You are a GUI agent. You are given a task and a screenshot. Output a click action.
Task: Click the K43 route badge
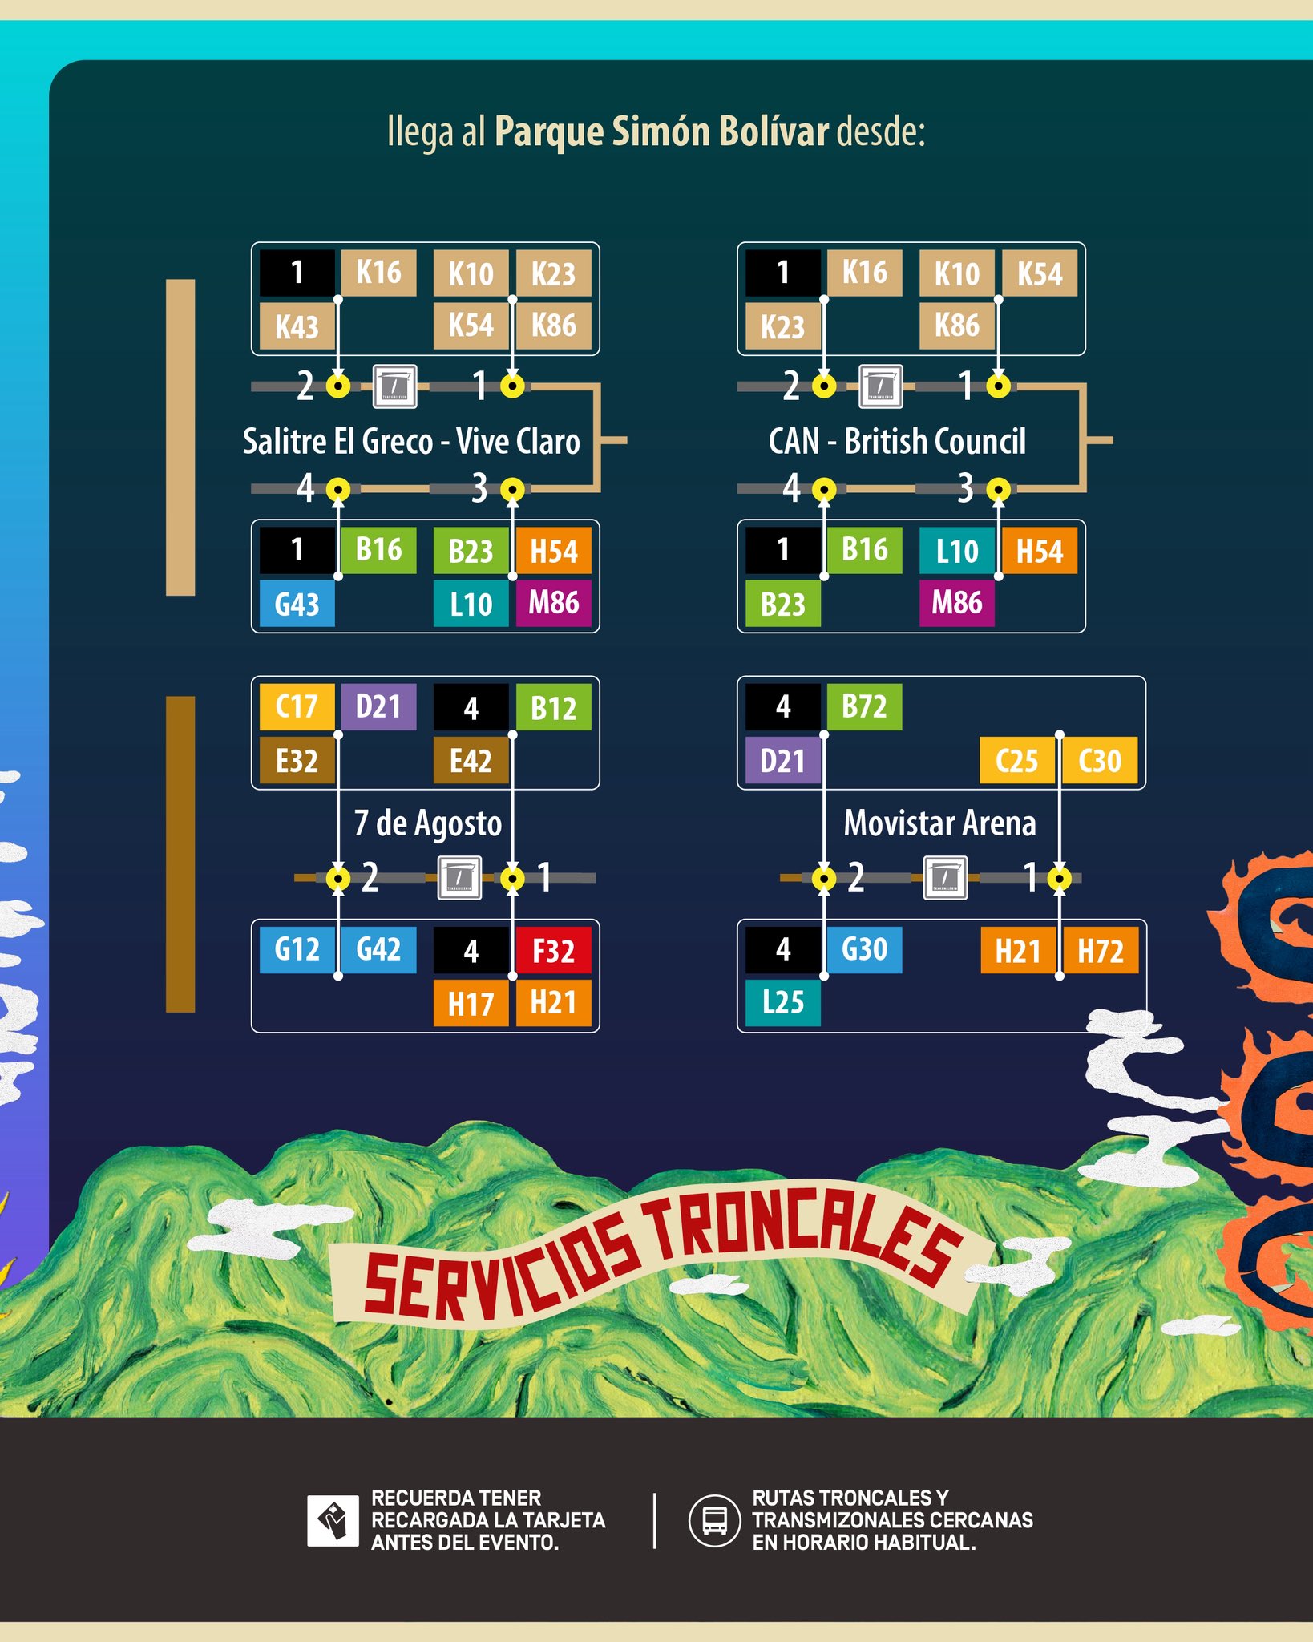(x=297, y=326)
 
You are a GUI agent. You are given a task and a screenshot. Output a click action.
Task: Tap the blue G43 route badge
(x=297, y=603)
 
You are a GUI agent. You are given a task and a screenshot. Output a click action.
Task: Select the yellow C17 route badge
(x=297, y=707)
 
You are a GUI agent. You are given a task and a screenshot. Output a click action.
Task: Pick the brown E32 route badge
(x=297, y=760)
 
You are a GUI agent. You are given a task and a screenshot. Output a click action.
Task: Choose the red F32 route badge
(x=553, y=950)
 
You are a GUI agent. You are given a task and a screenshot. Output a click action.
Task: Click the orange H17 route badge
(x=471, y=1003)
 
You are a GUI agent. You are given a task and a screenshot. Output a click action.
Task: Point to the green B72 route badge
(x=864, y=707)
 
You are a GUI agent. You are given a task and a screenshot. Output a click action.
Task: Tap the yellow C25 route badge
(x=1016, y=760)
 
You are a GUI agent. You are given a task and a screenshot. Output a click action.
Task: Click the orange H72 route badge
(x=1100, y=950)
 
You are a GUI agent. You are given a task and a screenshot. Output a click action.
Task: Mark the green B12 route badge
(x=553, y=707)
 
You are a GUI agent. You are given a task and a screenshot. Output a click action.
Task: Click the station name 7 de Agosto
(x=428, y=823)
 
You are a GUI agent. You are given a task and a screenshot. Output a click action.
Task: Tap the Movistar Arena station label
(x=939, y=823)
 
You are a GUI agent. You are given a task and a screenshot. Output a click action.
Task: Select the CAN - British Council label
(x=897, y=441)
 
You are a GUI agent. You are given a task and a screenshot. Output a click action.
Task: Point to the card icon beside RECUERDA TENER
(x=333, y=1521)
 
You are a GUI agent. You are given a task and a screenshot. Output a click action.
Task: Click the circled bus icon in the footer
(x=714, y=1521)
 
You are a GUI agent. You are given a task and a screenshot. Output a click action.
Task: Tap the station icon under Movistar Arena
(x=945, y=878)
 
